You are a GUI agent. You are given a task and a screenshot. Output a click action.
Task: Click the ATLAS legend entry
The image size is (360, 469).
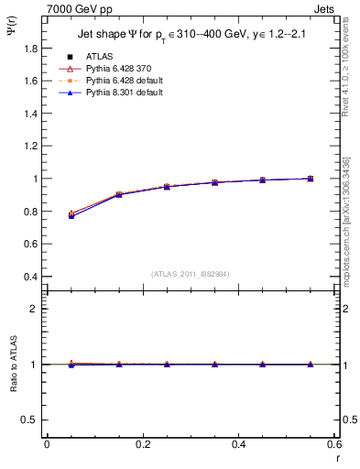[x=99, y=57]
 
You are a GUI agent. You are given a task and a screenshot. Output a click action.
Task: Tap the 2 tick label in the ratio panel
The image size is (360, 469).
[x=34, y=309]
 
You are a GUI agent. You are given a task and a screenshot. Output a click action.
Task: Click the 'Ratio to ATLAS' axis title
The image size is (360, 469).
[x=12, y=364]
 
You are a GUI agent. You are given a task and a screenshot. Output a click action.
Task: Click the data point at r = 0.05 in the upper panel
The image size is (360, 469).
[x=71, y=214]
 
